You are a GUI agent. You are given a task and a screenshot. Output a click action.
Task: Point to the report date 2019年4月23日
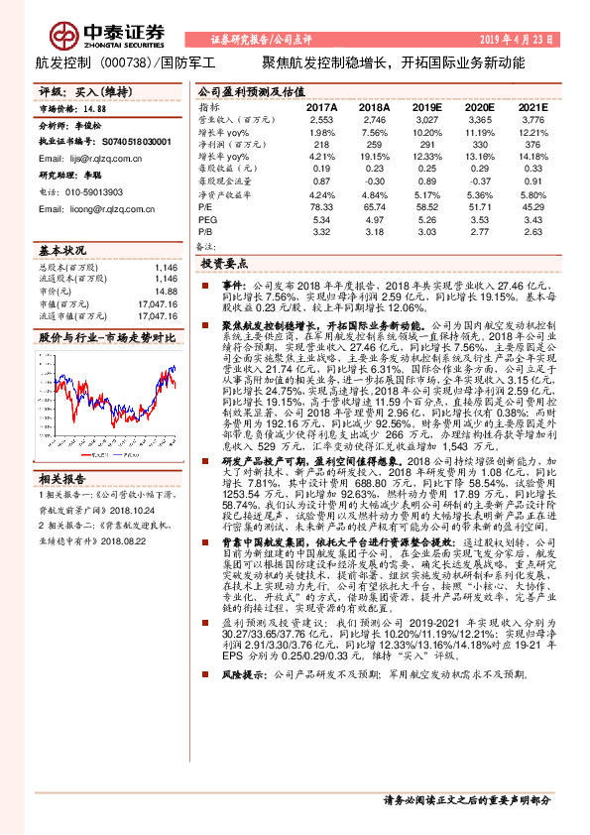click(536, 40)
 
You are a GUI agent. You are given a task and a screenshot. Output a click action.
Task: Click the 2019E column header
click(426, 107)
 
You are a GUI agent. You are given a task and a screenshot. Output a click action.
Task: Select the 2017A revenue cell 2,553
click(322, 119)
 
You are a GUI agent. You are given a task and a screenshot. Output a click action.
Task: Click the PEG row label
click(207, 219)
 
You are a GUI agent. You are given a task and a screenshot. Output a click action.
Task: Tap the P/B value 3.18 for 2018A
click(374, 231)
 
